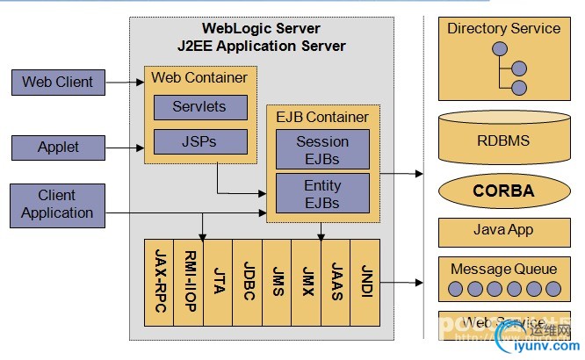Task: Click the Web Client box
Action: point(58,83)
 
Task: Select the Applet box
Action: point(58,147)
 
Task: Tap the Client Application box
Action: point(57,204)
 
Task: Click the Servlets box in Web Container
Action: point(200,107)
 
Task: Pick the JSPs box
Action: point(200,140)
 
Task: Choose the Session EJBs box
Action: point(322,150)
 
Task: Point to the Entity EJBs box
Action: point(322,193)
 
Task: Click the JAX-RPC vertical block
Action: point(158,281)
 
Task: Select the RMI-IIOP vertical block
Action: point(188,281)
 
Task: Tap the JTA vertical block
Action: point(218,281)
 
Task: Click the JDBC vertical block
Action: point(248,281)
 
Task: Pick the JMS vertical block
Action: point(278,281)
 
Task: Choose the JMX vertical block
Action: point(307,281)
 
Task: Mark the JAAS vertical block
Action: point(336,281)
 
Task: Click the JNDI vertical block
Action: point(365,281)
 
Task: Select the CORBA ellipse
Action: point(503,191)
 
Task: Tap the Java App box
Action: point(503,232)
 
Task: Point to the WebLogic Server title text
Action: point(261,29)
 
